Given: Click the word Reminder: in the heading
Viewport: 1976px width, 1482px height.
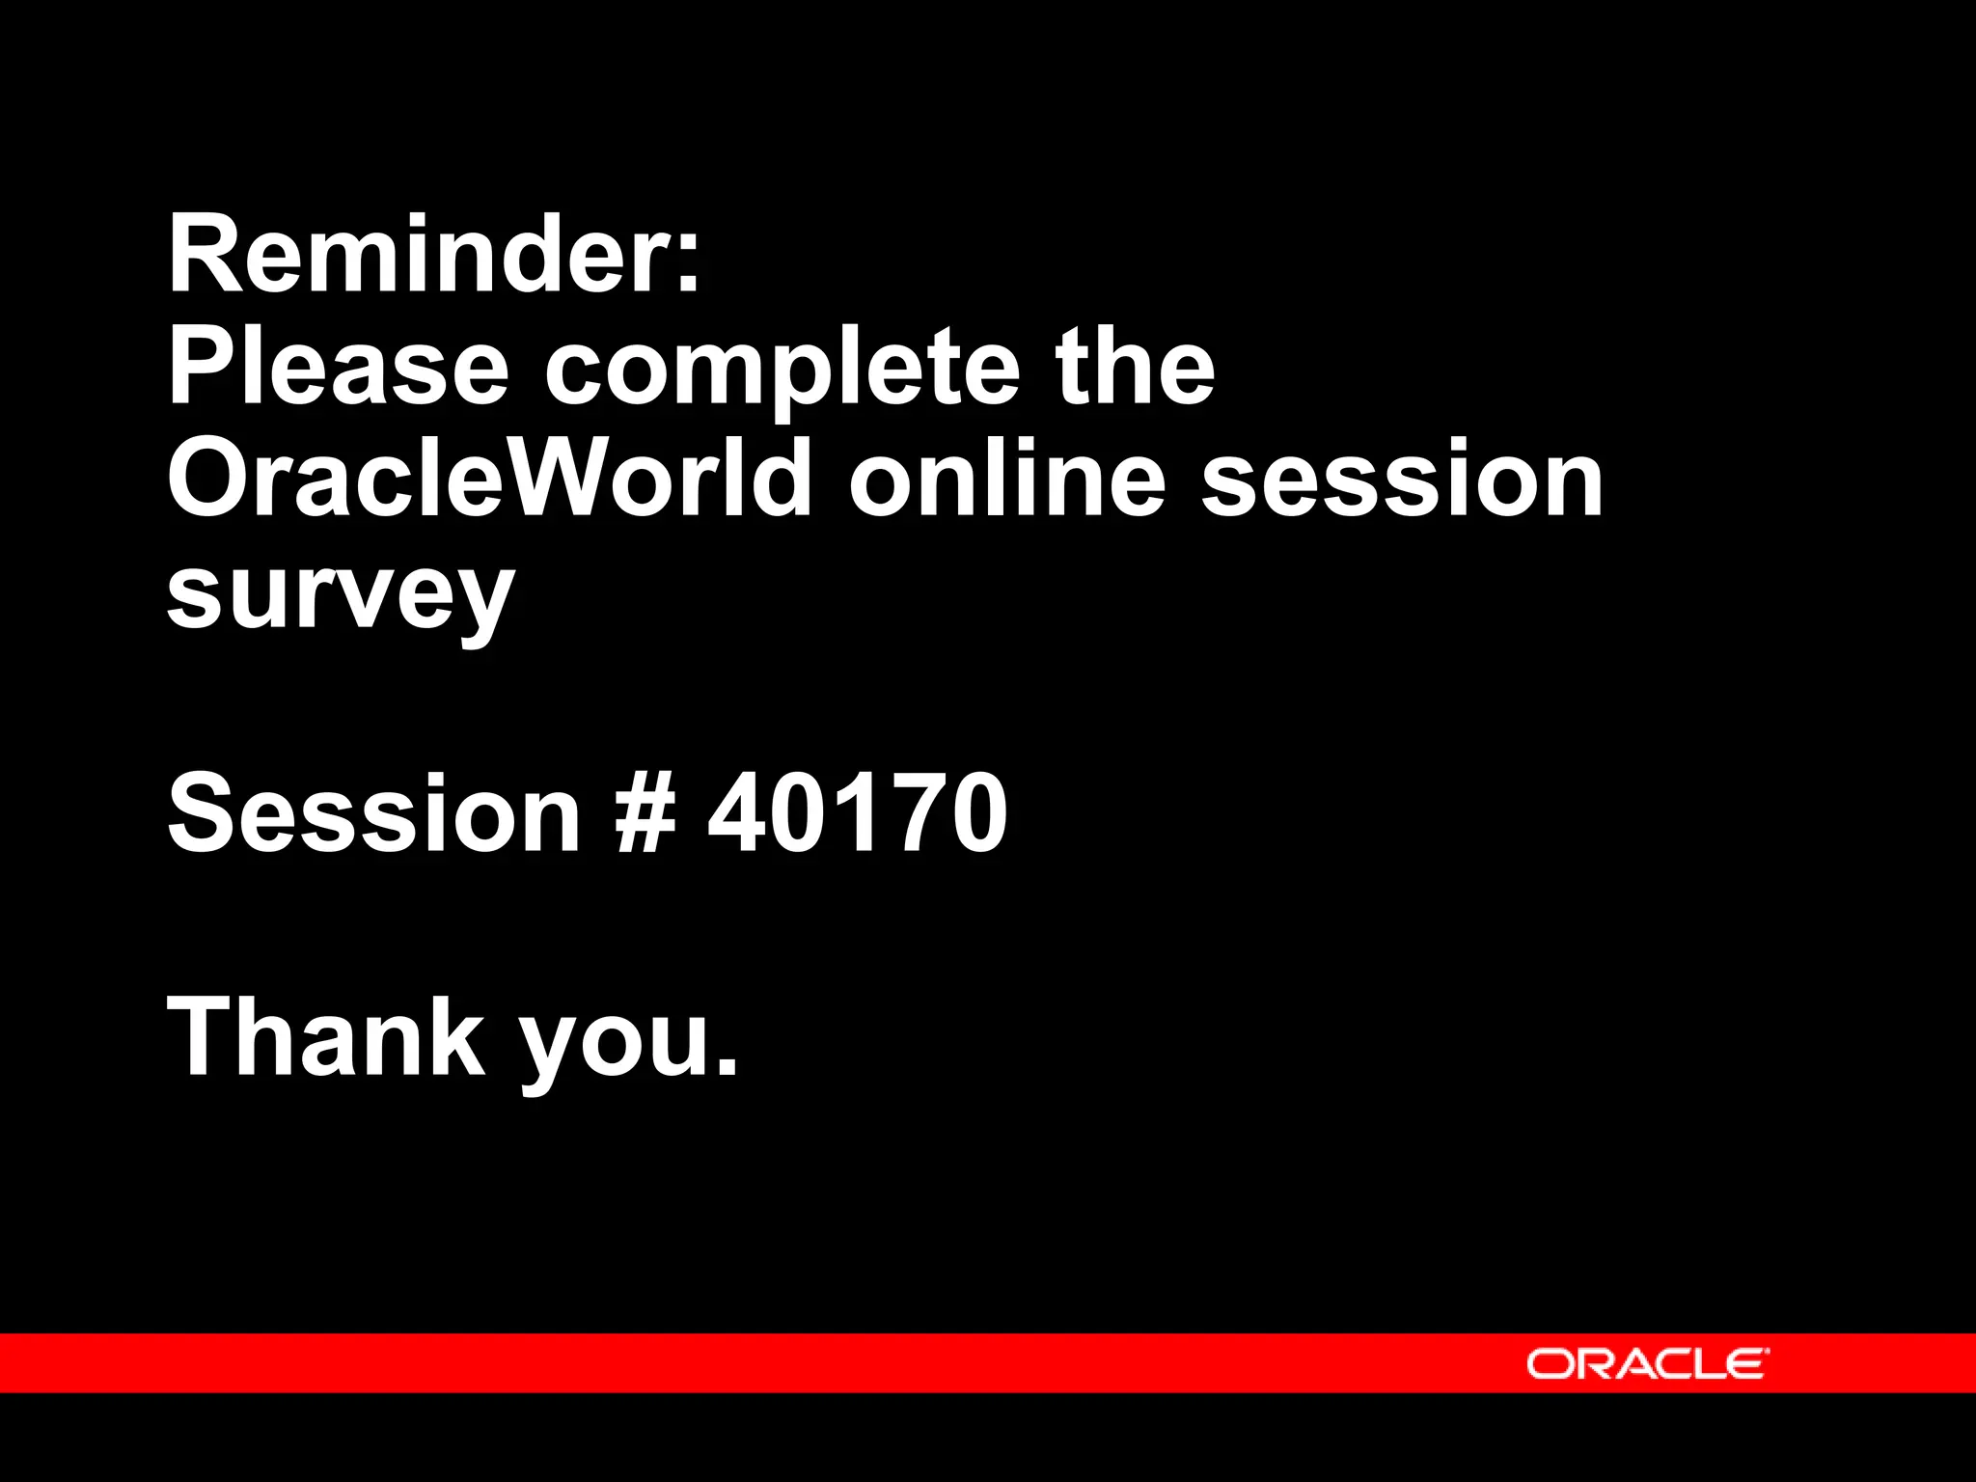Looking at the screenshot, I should tap(433, 255).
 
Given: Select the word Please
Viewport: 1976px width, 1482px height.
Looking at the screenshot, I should tap(338, 368).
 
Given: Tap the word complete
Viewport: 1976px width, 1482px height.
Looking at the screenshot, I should tap(782, 371).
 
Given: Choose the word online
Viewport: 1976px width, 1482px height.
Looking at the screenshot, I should tap(1007, 479).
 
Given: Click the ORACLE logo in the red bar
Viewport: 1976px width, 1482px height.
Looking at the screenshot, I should tap(1647, 1363).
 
